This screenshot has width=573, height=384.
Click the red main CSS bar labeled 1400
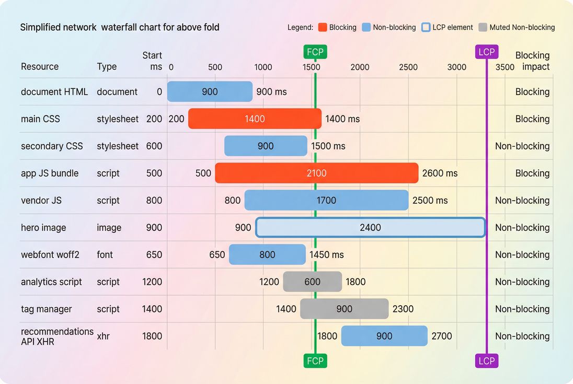(x=255, y=119)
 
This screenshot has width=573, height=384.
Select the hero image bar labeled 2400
(x=370, y=227)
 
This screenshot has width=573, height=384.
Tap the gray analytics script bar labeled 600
(x=312, y=282)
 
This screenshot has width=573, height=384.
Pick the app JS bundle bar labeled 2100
(x=316, y=173)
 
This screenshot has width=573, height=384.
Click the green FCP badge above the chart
(x=315, y=52)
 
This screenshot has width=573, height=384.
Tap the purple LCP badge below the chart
(x=486, y=360)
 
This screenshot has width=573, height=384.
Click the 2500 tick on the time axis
(x=408, y=67)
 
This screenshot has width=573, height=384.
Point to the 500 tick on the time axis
(x=215, y=67)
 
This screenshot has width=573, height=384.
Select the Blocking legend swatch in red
(x=322, y=27)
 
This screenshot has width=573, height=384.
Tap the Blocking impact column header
(x=532, y=61)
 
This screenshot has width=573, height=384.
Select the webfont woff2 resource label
(x=50, y=254)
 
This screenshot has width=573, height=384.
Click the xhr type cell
(x=104, y=336)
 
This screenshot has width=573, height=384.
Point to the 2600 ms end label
(x=440, y=173)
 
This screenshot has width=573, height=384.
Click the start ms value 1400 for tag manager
(x=152, y=309)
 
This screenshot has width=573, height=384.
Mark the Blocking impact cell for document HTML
(x=532, y=91)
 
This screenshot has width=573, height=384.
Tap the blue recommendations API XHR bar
(x=384, y=336)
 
